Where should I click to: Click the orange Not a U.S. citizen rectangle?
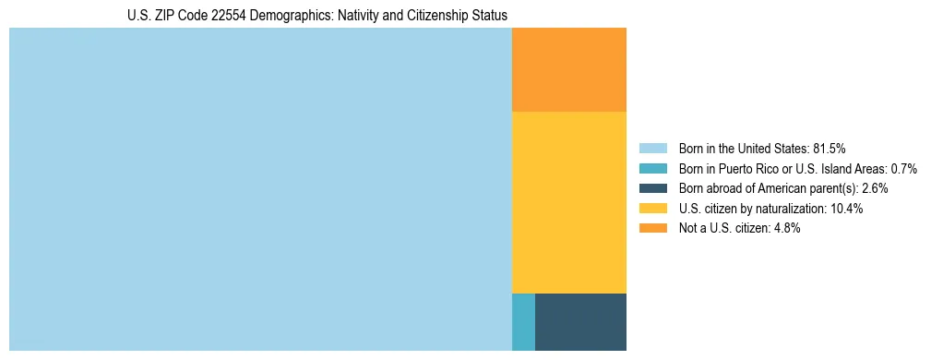tap(568, 69)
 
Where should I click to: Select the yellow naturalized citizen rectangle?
tap(568, 201)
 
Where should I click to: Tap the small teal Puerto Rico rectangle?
tap(523, 321)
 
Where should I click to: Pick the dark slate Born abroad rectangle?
tap(580, 321)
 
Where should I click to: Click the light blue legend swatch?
tap(653, 148)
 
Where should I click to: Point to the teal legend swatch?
tap(653, 168)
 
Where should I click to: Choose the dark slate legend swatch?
tap(653, 188)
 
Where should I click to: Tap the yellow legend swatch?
tap(653, 209)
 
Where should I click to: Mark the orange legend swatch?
tap(653, 229)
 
